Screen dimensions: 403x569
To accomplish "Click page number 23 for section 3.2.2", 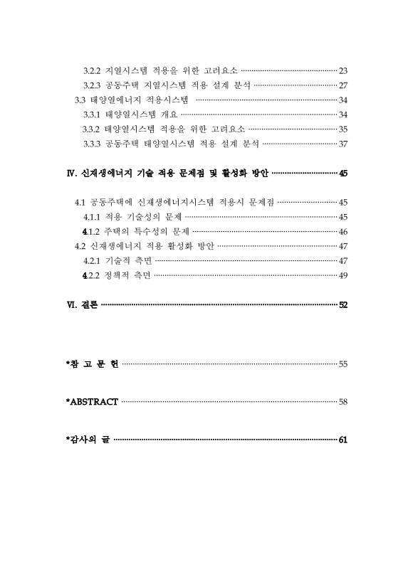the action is pos(342,70).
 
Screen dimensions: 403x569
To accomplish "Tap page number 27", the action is pos(342,85).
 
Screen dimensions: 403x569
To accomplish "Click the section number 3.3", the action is pos(80,100).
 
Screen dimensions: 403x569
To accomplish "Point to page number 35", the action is pos(342,129).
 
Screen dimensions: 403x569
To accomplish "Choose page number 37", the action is pos(342,144).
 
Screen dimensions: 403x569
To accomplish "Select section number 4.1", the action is pos(80,202).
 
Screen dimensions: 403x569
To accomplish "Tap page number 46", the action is pos(342,231).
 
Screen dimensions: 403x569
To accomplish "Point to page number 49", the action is pos(342,275).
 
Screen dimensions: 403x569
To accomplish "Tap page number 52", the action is pos(342,304).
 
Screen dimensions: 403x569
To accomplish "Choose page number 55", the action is pos(342,364).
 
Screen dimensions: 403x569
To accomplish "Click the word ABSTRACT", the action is pos(93,402).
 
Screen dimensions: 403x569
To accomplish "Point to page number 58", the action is pos(342,402).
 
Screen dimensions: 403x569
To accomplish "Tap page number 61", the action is pos(342,440).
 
